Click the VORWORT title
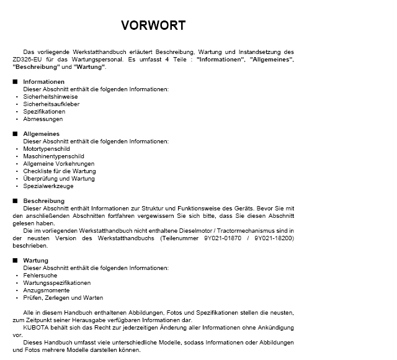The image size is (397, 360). click(x=153, y=25)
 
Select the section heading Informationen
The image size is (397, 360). click(x=44, y=82)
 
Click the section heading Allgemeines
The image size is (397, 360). click(x=42, y=134)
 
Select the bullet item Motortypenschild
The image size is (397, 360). click(x=47, y=149)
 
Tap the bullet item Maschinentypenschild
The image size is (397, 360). click(x=53, y=156)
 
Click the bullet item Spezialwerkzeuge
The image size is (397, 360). click(x=48, y=186)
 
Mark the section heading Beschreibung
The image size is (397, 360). click(x=44, y=201)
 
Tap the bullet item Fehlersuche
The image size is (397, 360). click(x=40, y=276)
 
